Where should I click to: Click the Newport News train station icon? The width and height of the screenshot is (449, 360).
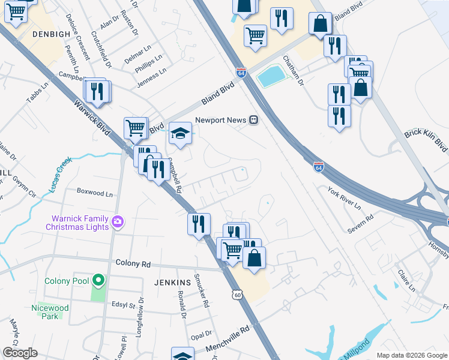click(x=254, y=120)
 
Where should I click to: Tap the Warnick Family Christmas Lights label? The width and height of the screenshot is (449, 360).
click(x=77, y=222)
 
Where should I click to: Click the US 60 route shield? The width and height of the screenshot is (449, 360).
click(x=238, y=295)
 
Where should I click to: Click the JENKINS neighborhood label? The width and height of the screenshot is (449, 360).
click(x=172, y=282)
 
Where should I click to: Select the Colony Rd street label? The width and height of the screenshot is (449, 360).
click(x=133, y=263)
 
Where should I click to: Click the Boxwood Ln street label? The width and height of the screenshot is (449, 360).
click(x=95, y=194)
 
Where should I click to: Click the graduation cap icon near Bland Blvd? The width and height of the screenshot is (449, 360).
click(x=179, y=134)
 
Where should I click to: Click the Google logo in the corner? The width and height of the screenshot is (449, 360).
click(x=20, y=353)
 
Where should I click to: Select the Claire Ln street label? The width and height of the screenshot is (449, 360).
click(x=406, y=280)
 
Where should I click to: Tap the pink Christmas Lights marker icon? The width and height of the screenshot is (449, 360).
click(x=118, y=222)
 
